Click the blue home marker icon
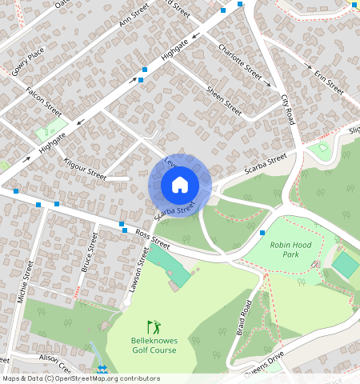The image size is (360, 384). pos(180,185)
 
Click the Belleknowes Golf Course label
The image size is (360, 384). pos(154,345)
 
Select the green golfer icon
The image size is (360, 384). pos(153,326)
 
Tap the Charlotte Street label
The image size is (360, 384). pos(239,60)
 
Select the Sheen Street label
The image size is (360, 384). pos(223,101)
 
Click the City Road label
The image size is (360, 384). pos(288,110)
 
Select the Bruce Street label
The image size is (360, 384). pos(89,253)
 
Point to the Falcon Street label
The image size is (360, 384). pos(43,101)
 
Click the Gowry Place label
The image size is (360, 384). pos(27,61)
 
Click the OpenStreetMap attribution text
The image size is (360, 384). pos(80,378)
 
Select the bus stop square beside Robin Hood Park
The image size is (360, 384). pos(262,232)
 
